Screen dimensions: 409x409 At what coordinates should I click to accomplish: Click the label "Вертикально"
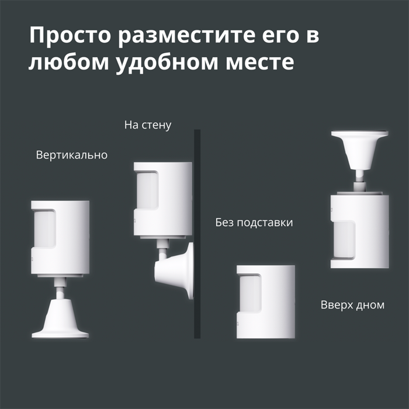coord(72,155)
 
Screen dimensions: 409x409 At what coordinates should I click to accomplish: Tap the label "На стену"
coord(148,125)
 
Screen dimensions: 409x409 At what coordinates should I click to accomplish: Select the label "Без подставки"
coord(254,223)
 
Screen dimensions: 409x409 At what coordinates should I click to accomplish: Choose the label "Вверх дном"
coord(352,305)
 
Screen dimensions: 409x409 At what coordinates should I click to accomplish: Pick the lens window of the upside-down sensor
coord(344,240)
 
